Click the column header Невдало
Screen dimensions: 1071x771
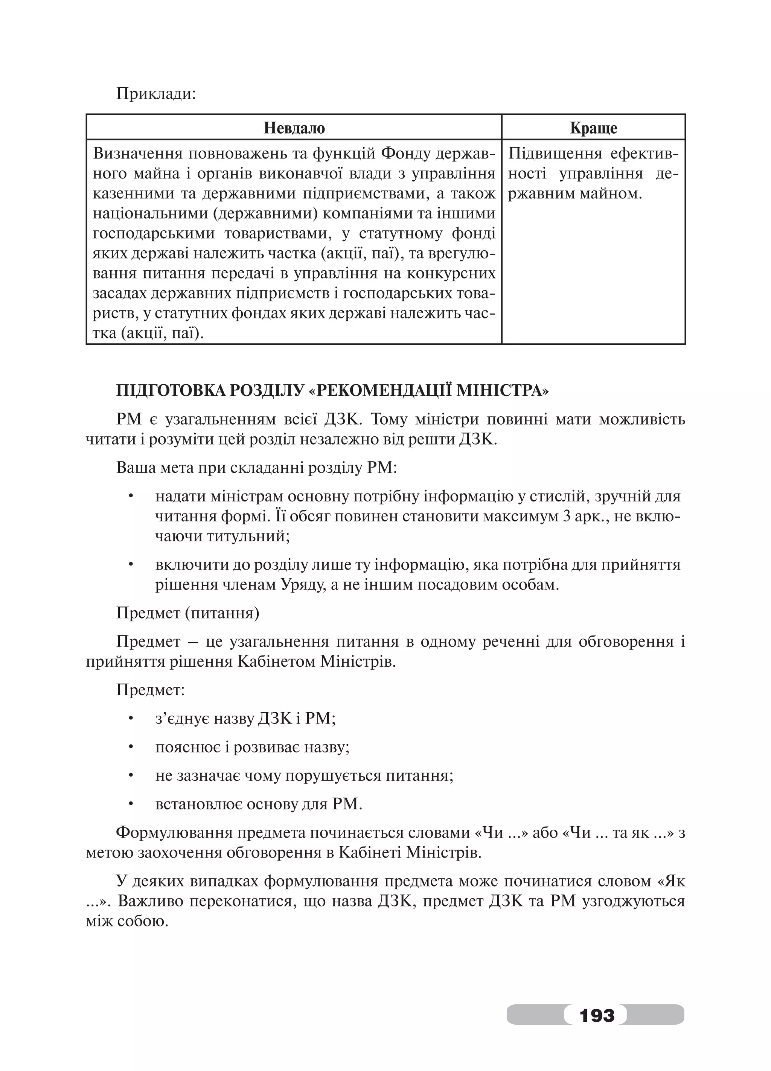point(294,128)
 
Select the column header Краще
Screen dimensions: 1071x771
point(593,128)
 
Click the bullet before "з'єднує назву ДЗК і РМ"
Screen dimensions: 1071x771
point(131,718)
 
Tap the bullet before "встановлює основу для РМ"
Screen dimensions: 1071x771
point(131,803)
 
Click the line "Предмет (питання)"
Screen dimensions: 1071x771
point(188,613)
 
